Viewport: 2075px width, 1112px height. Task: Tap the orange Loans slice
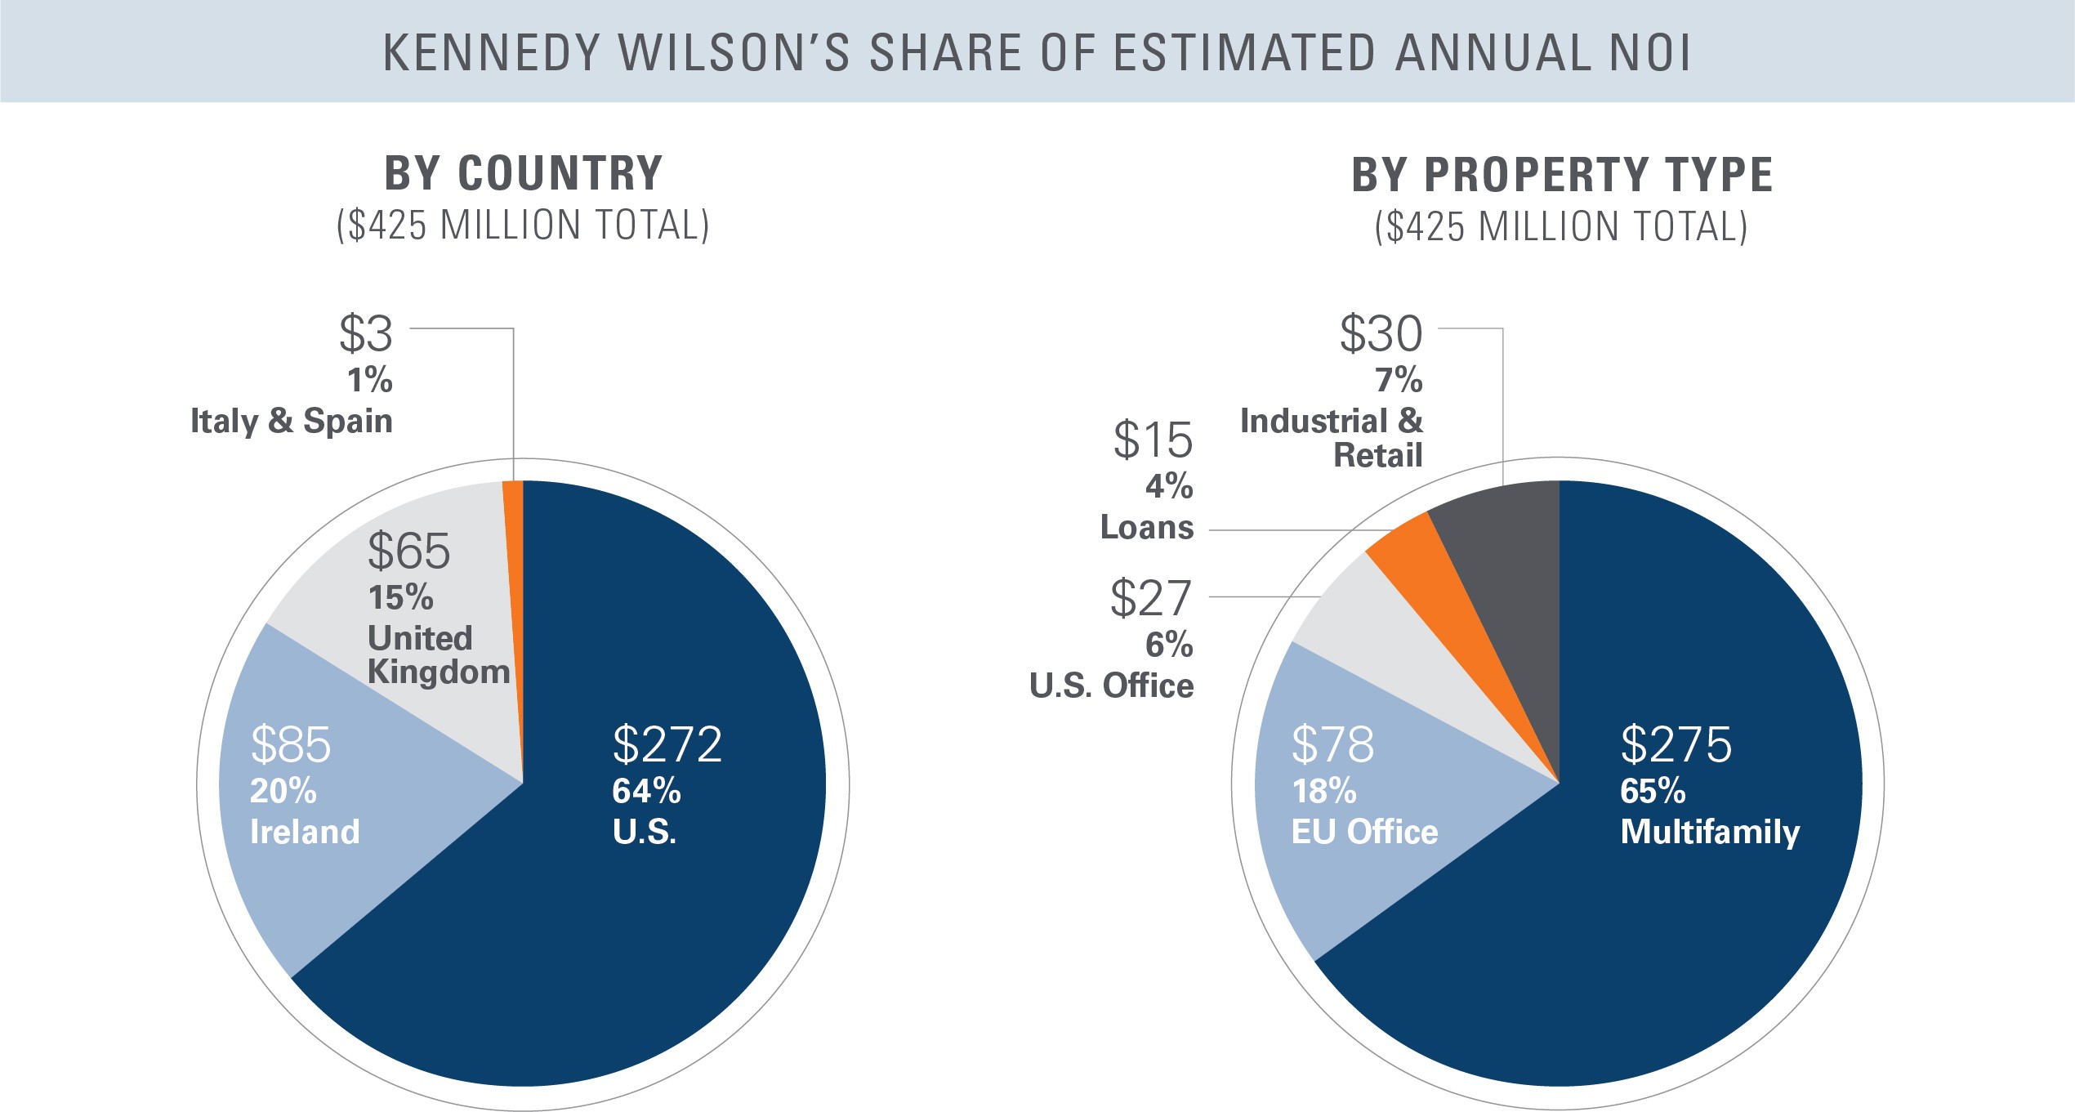[1438, 588]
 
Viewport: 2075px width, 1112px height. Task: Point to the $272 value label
[667, 744]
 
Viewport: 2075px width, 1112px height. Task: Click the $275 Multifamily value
[1676, 744]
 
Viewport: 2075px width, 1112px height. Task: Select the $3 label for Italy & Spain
[366, 333]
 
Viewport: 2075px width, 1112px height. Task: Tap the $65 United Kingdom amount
[408, 551]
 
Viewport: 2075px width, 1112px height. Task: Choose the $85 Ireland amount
[291, 744]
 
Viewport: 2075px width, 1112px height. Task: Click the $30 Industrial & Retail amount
[1381, 333]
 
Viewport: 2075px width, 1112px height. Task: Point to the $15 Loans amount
[1153, 440]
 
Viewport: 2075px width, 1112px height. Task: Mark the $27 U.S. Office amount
[1151, 598]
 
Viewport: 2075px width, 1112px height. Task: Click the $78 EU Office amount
[1332, 744]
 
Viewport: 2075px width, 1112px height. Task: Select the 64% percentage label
[646, 791]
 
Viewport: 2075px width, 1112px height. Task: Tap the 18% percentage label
[1323, 791]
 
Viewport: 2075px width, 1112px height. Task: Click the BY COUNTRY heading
[524, 173]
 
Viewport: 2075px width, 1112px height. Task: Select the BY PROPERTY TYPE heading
[1562, 174]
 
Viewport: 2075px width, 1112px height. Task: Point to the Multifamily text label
[1710, 833]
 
